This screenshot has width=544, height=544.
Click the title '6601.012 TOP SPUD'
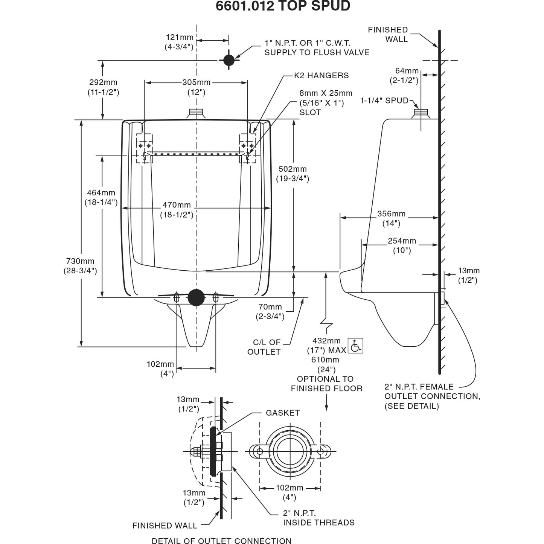[x=283, y=6]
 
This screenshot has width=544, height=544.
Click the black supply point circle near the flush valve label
[x=229, y=60]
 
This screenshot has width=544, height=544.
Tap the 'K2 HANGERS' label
[x=321, y=75]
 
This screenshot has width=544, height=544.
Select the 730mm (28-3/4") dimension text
[x=80, y=266]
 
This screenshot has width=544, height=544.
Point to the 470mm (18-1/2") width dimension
[x=177, y=210]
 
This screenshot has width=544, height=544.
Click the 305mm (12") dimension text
[x=196, y=87]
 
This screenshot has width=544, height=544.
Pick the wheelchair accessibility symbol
[x=355, y=345]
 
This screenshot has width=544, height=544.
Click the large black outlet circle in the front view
[x=196, y=297]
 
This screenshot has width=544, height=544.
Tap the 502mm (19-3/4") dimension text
[x=293, y=174]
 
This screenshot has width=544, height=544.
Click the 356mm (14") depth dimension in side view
[x=391, y=218]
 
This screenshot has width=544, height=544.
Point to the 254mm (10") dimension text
[x=402, y=245]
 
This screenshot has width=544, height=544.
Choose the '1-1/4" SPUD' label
[x=384, y=101]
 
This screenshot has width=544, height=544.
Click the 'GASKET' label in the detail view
[x=283, y=413]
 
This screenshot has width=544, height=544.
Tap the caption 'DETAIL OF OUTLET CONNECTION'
[x=221, y=541]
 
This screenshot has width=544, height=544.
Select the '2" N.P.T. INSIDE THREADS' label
[x=318, y=518]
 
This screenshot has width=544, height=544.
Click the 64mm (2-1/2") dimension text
[x=407, y=75]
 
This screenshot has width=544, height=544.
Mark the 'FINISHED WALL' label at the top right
[x=388, y=34]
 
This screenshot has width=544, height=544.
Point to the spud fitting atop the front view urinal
[x=196, y=113]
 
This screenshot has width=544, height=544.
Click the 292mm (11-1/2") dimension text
[x=104, y=87]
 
